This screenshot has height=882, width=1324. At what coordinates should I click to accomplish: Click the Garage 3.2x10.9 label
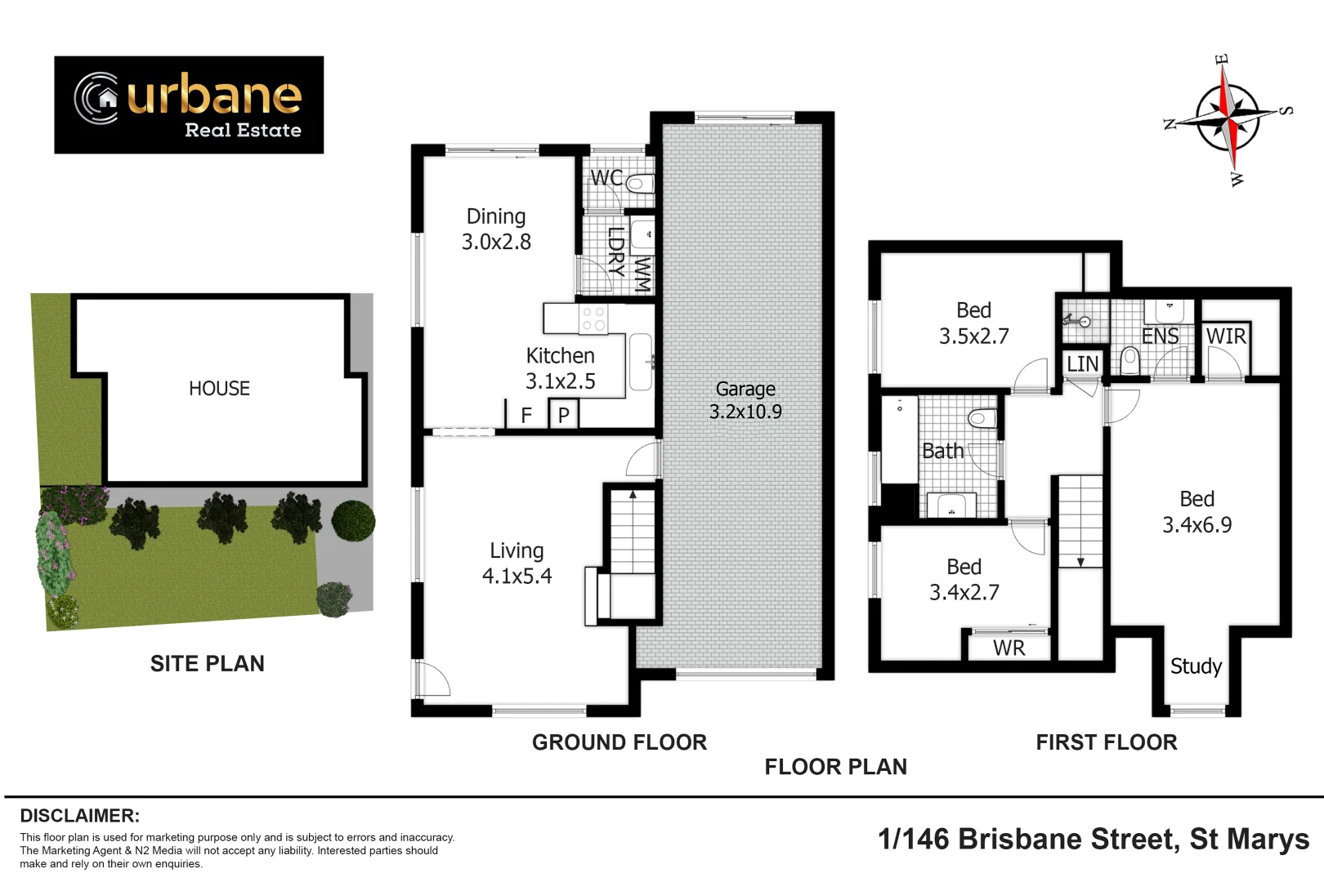click(745, 400)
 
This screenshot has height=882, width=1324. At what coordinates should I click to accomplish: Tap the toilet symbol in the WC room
click(640, 182)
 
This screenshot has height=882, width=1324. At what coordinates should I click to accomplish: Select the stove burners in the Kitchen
click(593, 319)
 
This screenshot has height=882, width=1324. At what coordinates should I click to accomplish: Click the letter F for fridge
click(526, 415)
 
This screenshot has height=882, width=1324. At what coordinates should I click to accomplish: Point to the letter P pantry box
click(563, 415)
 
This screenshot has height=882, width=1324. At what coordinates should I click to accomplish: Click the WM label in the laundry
click(642, 275)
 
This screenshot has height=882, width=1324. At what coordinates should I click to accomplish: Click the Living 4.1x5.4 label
click(517, 563)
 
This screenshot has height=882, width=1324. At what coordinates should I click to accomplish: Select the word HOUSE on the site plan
click(219, 389)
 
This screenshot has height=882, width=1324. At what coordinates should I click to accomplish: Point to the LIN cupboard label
click(1082, 363)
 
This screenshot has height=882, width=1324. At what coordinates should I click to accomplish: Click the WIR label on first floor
click(1225, 336)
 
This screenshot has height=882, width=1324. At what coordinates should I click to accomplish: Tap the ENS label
click(1160, 336)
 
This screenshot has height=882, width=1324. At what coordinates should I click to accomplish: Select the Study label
click(1196, 666)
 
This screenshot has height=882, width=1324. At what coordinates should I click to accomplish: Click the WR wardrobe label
click(1009, 648)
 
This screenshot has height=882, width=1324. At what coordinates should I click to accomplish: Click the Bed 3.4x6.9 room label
click(1197, 512)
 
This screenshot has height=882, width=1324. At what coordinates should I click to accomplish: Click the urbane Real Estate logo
click(189, 105)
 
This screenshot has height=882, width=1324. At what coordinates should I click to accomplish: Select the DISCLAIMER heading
click(79, 816)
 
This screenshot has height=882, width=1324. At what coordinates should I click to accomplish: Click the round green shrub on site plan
click(353, 519)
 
